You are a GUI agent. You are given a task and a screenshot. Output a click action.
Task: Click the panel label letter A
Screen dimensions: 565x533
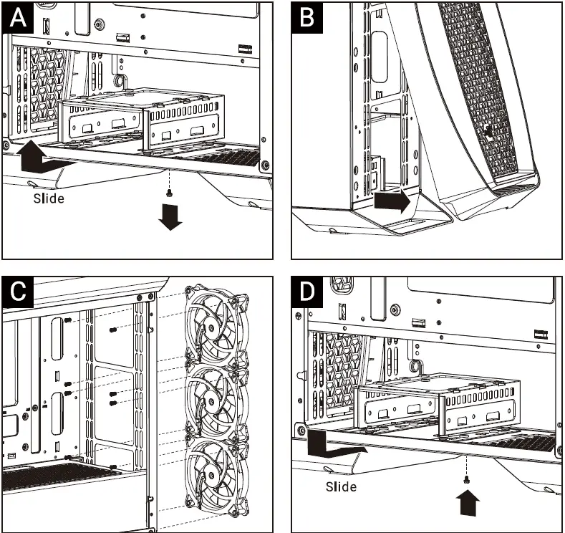tap(18, 18)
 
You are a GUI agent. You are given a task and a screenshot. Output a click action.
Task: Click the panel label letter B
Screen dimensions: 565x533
tap(306, 18)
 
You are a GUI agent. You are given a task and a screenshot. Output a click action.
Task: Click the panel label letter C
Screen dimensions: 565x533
tap(18, 292)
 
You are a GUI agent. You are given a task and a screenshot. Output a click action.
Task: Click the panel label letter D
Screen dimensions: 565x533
tap(307, 292)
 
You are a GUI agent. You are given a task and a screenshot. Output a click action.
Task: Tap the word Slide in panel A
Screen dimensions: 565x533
tap(49, 198)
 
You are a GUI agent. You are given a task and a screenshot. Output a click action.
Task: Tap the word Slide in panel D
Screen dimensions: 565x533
tap(341, 487)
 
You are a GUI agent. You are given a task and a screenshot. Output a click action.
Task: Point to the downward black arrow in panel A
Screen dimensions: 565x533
tap(170, 217)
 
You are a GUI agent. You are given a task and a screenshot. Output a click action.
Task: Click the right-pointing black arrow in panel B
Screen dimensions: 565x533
tap(392, 201)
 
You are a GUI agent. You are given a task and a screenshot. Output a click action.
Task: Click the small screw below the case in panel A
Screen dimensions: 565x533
tap(168, 193)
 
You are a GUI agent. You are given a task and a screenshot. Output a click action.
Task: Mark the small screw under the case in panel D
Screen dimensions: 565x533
tap(467, 479)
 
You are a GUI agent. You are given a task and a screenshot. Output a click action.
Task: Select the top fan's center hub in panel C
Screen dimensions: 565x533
tap(211, 327)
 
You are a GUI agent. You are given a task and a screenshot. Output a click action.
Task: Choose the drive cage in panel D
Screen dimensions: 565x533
tap(437, 405)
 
